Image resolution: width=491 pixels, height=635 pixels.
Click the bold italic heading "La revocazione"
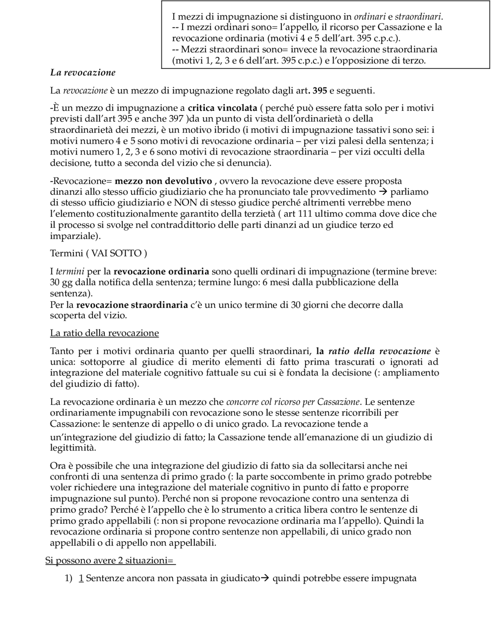pos(82,72)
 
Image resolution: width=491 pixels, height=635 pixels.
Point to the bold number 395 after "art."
pos(320,91)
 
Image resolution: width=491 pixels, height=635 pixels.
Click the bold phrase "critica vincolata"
pos(222,108)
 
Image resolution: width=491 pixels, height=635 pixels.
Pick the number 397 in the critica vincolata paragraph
pos(176,119)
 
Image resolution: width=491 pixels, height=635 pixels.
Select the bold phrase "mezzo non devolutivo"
pos(163,181)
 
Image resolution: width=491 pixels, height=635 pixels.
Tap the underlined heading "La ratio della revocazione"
pos(104,333)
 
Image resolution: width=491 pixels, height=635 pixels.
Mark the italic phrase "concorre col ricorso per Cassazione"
pos(293,402)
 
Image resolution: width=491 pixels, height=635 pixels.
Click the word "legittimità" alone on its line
pos(73,448)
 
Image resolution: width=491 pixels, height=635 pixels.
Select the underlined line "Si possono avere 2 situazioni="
pos(110,561)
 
